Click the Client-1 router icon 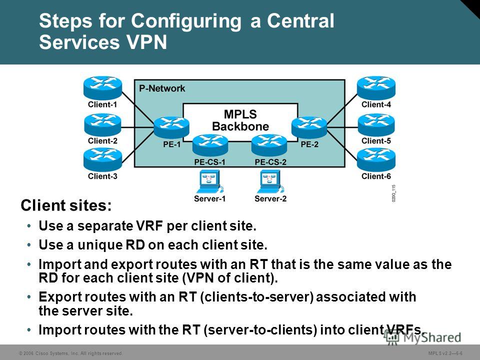(x=102, y=88)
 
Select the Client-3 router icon (x=102, y=160)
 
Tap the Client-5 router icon (x=376, y=125)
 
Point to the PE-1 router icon (x=171, y=127)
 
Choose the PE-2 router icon (x=309, y=127)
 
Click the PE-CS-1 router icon (x=210, y=145)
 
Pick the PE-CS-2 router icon (x=269, y=145)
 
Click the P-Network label (x=162, y=88)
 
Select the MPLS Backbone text (x=240, y=120)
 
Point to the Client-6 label (x=376, y=176)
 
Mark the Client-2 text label (x=102, y=141)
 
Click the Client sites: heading (x=66, y=205)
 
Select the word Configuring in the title (x=186, y=21)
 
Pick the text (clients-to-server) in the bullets (x=257, y=297)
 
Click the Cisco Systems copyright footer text (x=70, y=353)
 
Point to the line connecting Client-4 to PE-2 (x=342, y=108)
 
